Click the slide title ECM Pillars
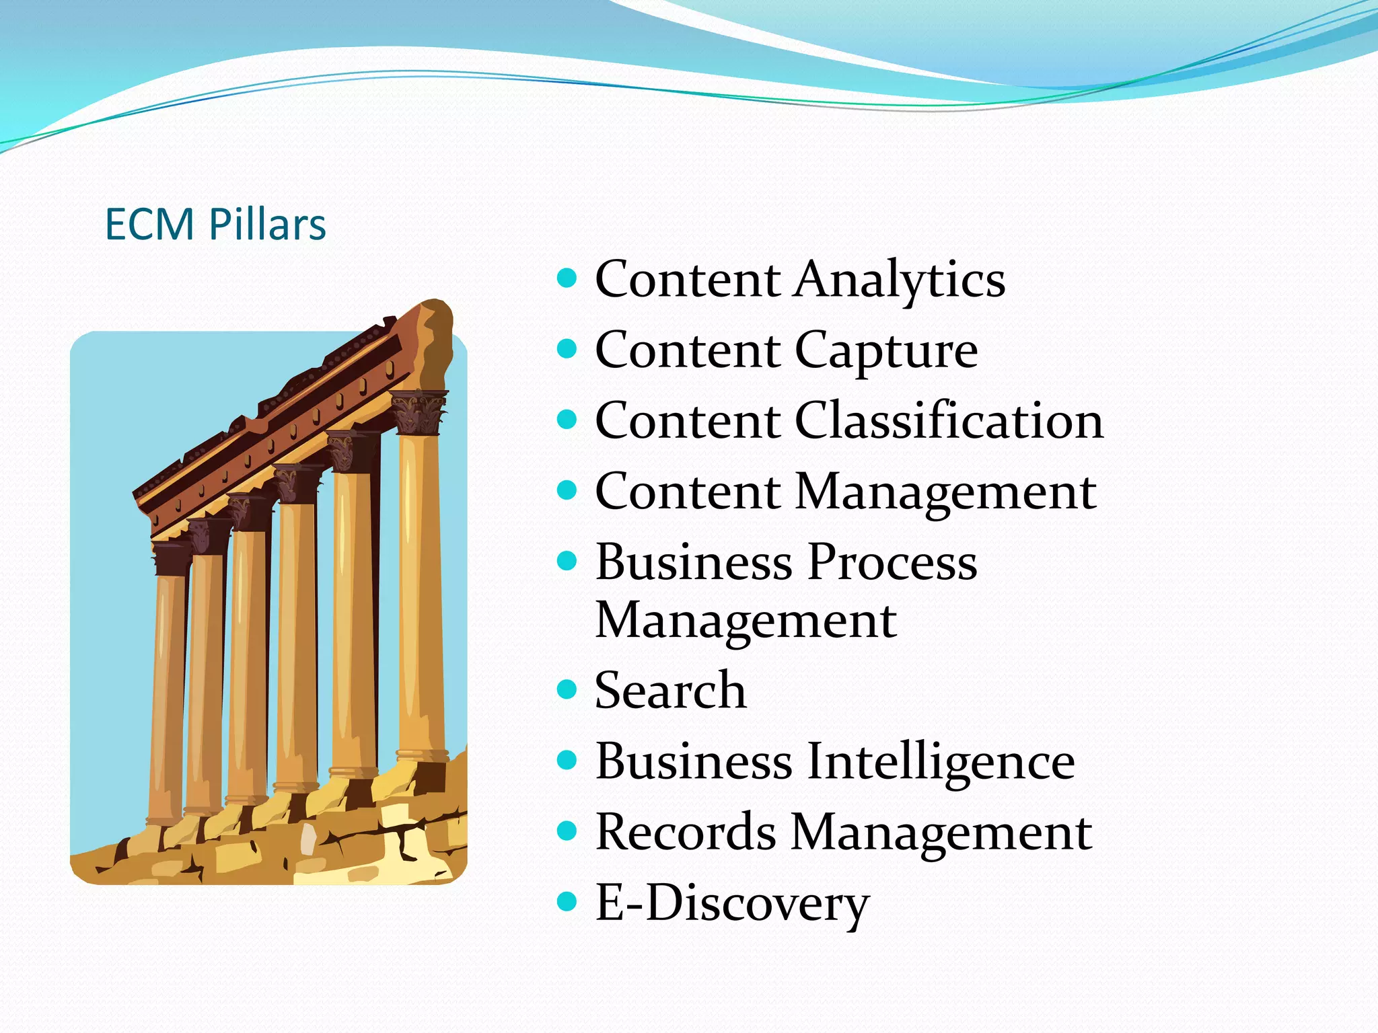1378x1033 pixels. click(215, 224)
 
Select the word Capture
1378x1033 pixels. click(886, 350)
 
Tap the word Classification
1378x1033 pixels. click(949, 420)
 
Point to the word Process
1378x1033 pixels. click(892, 562)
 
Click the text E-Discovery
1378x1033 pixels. click(732, 903)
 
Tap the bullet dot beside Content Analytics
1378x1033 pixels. click(567, 278)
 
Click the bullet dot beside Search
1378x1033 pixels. click(567, 689)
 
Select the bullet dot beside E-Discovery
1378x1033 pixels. click(567, 901)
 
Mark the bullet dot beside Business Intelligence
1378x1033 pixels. click(567, 760)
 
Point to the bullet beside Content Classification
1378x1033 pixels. click(567, 419)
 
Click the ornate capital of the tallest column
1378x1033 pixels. click(419, 412)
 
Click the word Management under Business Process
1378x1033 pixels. click(746, 620)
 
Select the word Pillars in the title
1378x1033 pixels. click(267, 224)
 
